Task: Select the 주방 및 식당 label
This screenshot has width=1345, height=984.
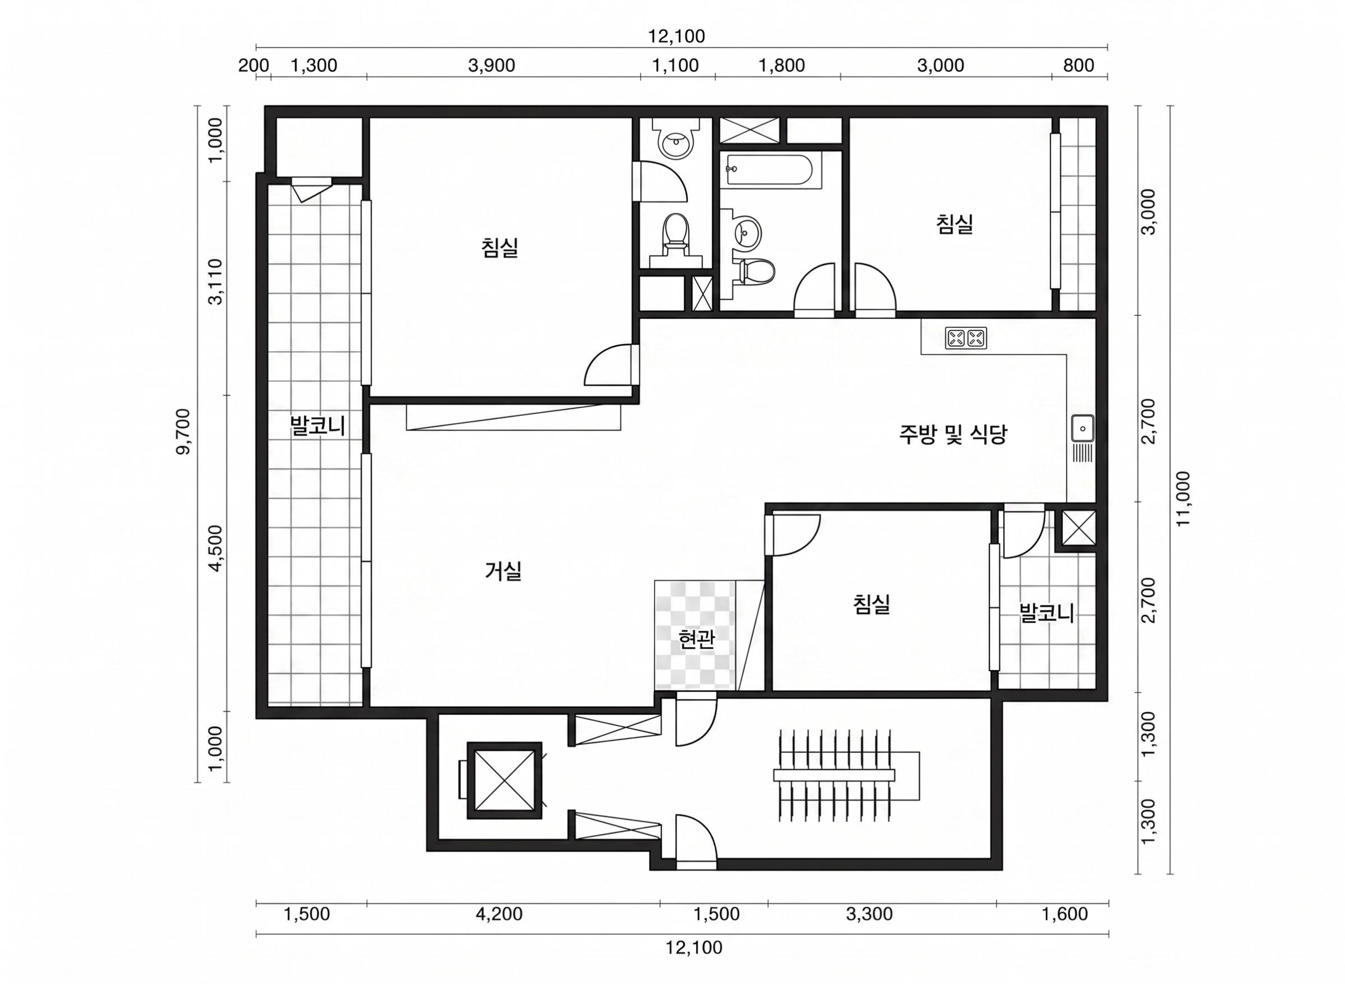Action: click(x=952, y=434)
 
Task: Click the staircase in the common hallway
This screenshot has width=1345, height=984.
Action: click(x=846, y=775)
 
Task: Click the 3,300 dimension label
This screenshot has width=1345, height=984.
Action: click(x=869, y=914)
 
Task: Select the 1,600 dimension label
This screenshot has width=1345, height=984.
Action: click(x=1065, y=914)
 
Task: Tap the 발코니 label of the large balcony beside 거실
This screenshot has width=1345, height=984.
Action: click(x=318, y=426)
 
